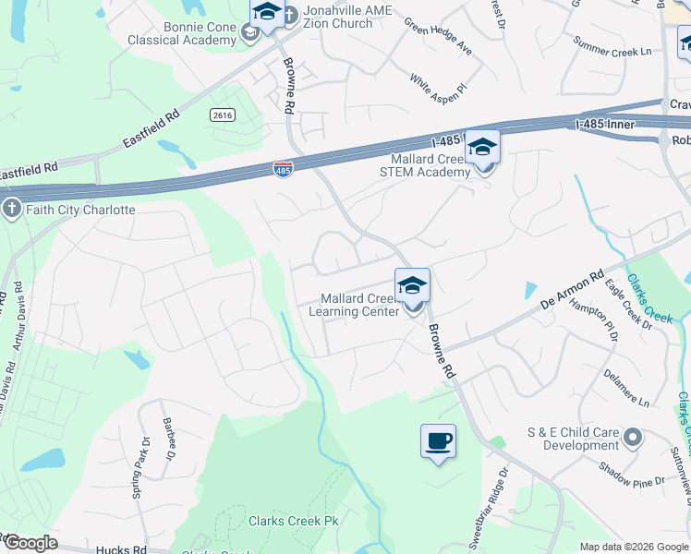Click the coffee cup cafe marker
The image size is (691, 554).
click(x=438, y=440)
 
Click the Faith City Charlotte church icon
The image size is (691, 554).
click(x=11, y=209)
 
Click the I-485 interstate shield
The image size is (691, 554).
click(x=283, y=171)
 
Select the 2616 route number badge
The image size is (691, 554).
click(x=222, y=114)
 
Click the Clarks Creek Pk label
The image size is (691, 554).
click(x=294, y=521)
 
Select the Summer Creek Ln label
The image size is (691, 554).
click(x=612, y=45)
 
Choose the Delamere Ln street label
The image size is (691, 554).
click(x=626, y=388)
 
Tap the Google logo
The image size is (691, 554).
click(x=30, y=543)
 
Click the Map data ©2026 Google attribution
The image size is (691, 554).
click(x=634, y=547)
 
